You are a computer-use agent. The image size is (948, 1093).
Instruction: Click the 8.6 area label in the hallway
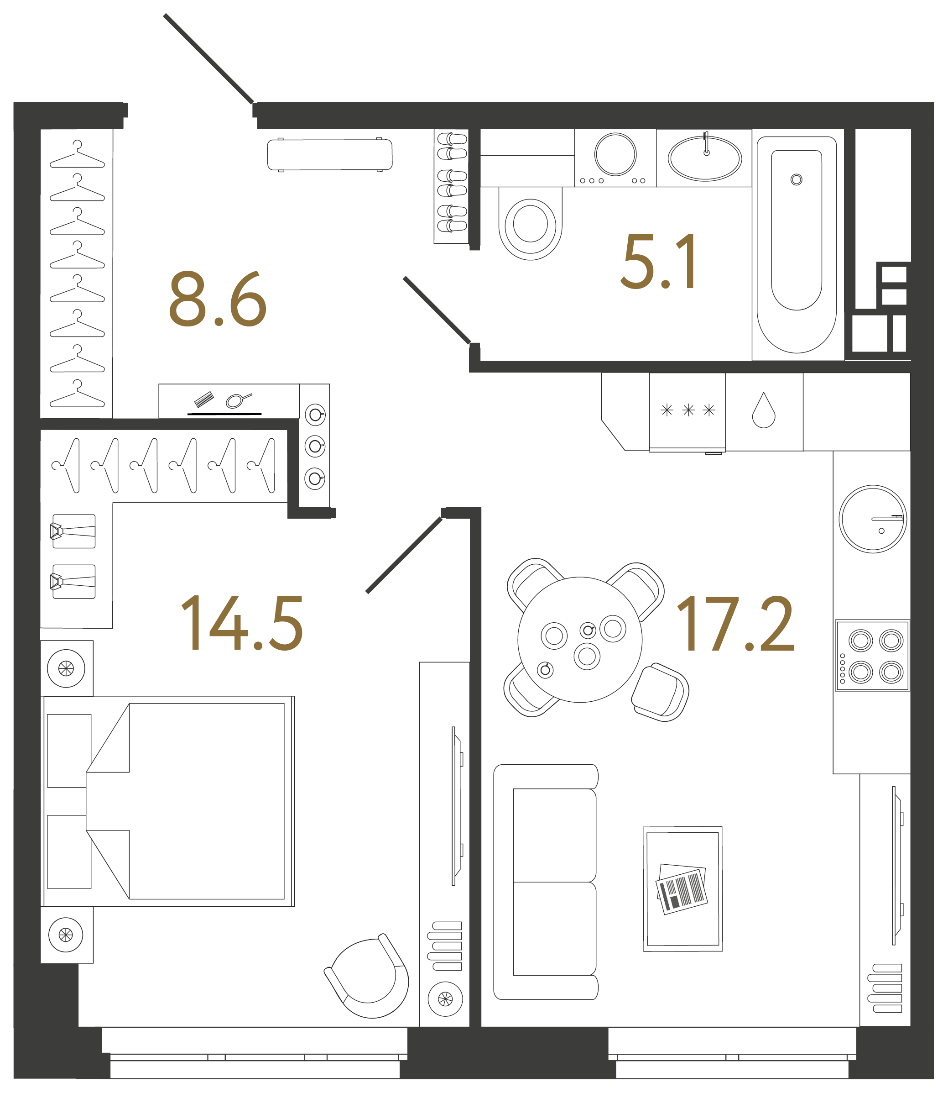[x=218, y=299]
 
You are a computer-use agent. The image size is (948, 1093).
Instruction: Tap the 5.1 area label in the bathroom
[x=659, y=262]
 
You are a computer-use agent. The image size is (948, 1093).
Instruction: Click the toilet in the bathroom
[x=530, y=223]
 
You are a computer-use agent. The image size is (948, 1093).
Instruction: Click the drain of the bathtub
[x=796, y=179]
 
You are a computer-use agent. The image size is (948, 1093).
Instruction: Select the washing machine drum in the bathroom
[x=615, y=154]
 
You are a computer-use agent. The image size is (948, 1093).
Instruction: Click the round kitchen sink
[x=873, y=519]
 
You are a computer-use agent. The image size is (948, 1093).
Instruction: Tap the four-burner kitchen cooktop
[x=872, y=655]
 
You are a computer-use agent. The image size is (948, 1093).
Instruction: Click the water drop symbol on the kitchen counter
[x=763, y=410]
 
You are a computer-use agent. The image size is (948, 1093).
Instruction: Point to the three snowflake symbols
[x=688, y=410]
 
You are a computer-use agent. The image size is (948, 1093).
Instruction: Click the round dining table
[x=580, y=639]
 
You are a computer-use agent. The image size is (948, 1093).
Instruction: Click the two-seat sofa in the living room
[x=546, y=882]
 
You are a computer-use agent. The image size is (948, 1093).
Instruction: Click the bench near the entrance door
[x=329, y=155]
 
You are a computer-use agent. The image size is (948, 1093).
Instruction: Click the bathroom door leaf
[x=437, y=310]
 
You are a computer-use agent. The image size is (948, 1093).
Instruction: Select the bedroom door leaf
[x=404, y=555]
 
